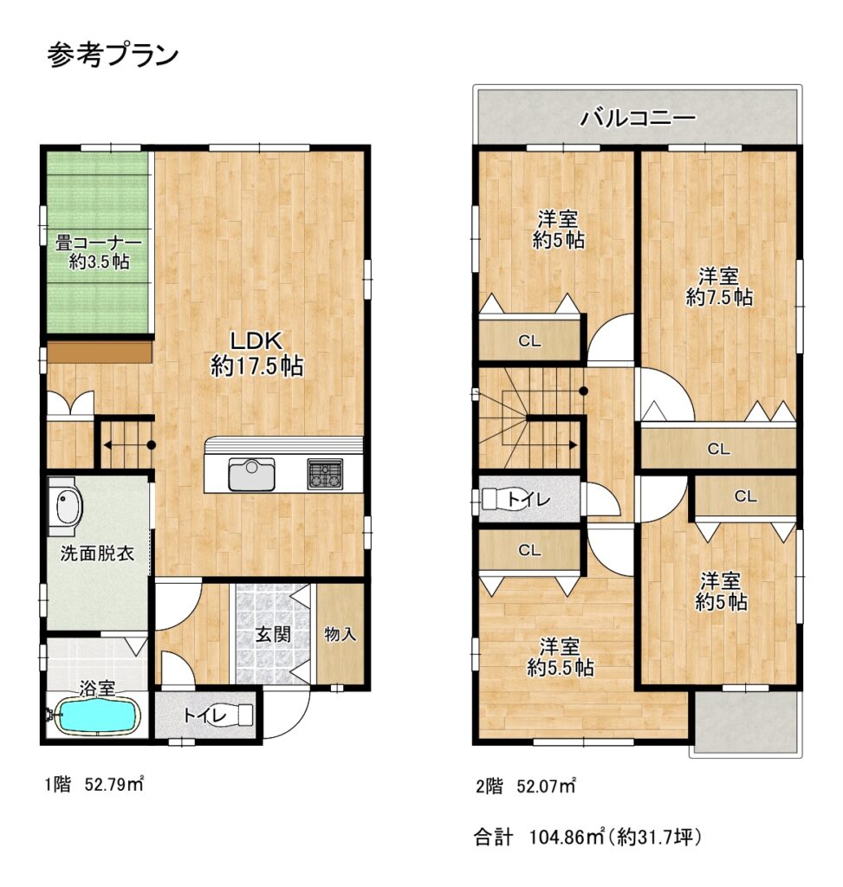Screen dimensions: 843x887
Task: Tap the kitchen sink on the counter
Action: (x=252, y=474)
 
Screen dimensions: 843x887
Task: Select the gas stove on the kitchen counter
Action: (x=325, y=474)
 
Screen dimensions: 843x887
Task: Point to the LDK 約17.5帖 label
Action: (x=256, y=353)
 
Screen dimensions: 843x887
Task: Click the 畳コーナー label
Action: (x=99, y=243)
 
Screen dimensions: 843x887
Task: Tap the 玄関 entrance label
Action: (x=273, y=634)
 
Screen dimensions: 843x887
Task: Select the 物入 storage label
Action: (x=340, y=634)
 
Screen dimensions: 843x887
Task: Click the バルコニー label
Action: (x=638, y=118)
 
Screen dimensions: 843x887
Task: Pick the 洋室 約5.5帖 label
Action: (x=560, y=657)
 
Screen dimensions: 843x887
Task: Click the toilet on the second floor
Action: (x=501, y=499)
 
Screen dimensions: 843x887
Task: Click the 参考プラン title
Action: (x=113, y=55)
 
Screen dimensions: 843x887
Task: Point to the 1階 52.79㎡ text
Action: (x=94, y=785)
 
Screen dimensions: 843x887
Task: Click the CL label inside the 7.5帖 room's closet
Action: (x=718, y=450)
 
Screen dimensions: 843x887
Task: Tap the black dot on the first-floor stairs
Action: (x=151, y=444)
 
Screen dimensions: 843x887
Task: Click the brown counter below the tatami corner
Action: (x=100, y=352)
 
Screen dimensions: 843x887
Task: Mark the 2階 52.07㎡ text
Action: (x=526, y=786)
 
